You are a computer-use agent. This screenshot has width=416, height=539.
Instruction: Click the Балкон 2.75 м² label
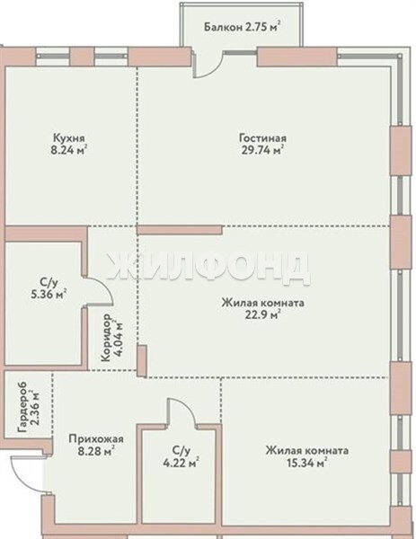click(x=242, y=26)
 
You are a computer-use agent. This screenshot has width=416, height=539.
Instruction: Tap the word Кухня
click(x=69, y=137)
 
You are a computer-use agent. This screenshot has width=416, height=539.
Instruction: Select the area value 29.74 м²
click(x=262, y=150)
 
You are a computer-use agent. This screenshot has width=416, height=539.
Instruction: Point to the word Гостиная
click(x=262, y=137)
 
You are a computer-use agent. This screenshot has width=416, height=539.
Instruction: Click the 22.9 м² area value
click(x=262, y=314)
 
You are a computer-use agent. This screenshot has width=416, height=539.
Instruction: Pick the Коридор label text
click(x=106, y=337)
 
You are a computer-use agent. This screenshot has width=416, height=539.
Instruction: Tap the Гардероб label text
click(x=22, y=408)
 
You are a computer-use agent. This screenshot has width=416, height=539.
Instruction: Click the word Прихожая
click(x=96, y=439)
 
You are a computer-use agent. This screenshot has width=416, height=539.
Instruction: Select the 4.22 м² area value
click(x=181, y=463)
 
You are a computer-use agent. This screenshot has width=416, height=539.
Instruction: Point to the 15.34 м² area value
click(x=306, y=463)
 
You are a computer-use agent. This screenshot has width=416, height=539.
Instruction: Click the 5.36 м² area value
click(x=49, y=295)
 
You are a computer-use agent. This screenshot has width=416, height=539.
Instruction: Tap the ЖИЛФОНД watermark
click(x=208, y=268)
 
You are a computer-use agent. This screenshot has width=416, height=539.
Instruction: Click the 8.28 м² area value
click(x=96, y=451)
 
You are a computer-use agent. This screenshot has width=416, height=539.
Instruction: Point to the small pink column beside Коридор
click(x=142, y=360)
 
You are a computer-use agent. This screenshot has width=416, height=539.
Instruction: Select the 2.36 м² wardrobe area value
click(x=35, y=408)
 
